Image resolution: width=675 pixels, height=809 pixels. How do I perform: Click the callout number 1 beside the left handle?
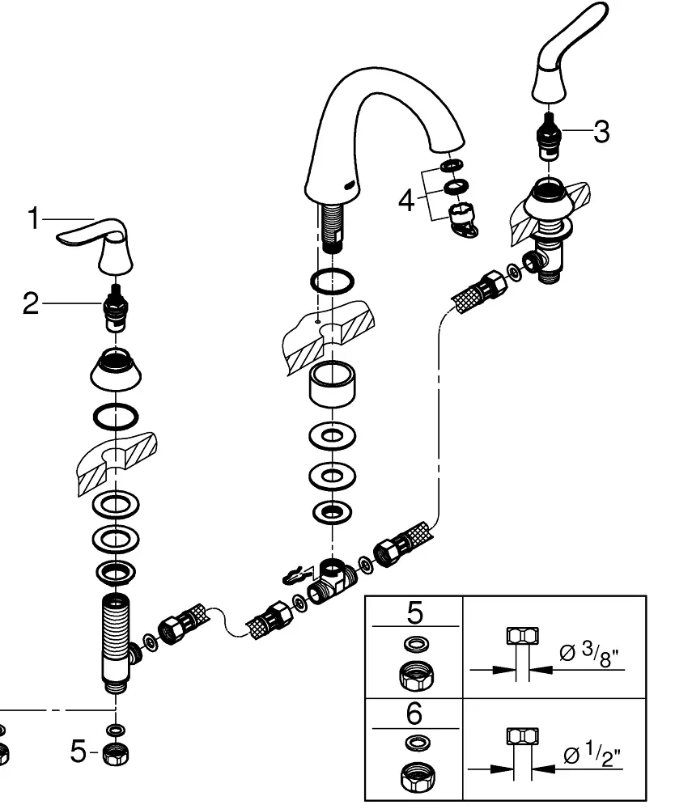[x=33, y=218]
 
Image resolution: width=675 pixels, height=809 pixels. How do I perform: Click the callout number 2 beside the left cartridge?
[x=31, y=303]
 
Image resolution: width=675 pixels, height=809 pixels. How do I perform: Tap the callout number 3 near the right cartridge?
[x=601, y=132]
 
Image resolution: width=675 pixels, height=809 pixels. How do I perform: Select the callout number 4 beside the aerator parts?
[x=406, y=200]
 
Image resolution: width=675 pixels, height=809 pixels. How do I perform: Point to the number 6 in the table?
[x=414, y=714]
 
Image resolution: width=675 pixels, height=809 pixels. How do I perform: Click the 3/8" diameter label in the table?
[x=589, y=654]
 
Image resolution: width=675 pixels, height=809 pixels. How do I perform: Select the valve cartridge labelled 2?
[x=115, y=309]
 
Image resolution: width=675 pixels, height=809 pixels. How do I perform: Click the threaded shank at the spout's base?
[x=330, y=227]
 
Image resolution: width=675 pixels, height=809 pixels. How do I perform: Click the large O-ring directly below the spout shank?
[x=333, y=282]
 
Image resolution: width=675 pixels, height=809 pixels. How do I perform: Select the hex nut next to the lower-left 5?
[x=116, y=755]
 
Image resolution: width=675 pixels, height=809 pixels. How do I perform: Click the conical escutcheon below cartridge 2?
[x=116, y=367]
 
